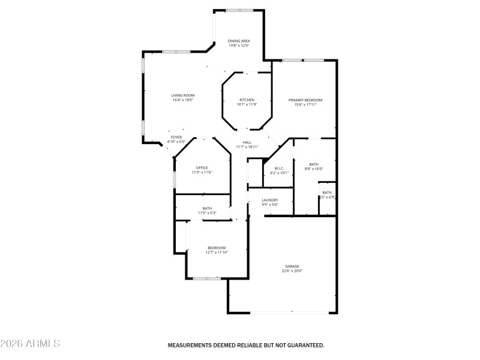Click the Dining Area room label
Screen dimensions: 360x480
coord(239,41)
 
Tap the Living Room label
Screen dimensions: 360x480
coord(183,95)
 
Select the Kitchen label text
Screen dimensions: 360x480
coord(247,100)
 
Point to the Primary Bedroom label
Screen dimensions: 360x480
coord(305,100)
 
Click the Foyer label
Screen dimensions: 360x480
coord(176,137)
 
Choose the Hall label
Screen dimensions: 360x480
coord(247,142)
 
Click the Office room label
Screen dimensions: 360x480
coord(202,167)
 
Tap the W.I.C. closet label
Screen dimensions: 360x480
coord(279,168)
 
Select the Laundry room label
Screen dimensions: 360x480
coord(270,200)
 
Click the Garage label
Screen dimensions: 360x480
coord(292,266)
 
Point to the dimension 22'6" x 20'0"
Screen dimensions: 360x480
coord(292,271)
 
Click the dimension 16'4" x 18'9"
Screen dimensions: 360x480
coord(183,100)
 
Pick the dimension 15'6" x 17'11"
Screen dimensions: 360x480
coord(305,104)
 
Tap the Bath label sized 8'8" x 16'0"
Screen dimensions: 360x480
coord(314,164)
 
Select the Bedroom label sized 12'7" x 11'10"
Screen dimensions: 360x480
coord(217,248)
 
